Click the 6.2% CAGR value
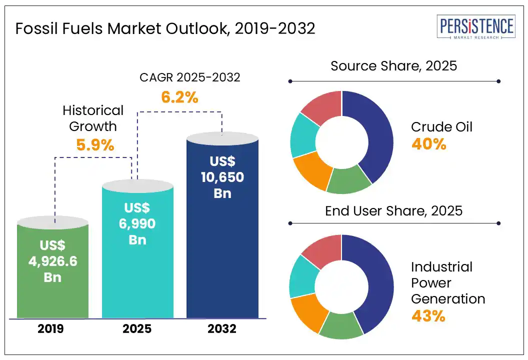[179, 97]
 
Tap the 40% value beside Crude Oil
[428, 144]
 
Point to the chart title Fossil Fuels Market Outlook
[165, 29]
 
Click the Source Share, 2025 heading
[394, 65]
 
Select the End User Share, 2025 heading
[394, 210]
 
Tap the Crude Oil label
[442, 126]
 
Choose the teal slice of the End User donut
[301, 276]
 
